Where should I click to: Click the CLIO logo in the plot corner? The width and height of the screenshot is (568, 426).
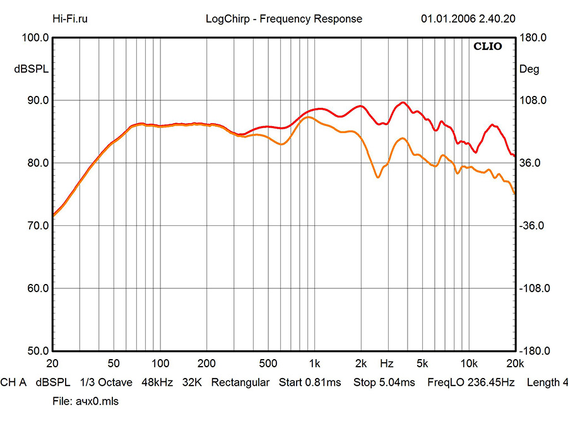click(x=488, y=47)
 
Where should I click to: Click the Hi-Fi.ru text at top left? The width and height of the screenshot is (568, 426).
click(x=70, y=19)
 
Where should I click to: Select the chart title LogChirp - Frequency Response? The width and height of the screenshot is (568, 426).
click(x=284, y=19)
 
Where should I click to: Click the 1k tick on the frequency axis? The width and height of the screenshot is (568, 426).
click(x=314, y=364)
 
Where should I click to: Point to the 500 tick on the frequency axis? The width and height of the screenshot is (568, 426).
click(x=268, y=364)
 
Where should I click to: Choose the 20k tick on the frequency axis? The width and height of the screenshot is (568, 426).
click(x=515, y=364)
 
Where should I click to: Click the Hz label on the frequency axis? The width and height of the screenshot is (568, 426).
click(x=387, y=364)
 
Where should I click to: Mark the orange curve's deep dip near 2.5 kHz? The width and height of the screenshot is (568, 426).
click(x=378, y=177)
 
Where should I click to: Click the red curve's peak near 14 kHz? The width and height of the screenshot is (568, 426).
click(x=492, y=125)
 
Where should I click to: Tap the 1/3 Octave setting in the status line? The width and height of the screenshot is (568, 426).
click(x=106, y=382)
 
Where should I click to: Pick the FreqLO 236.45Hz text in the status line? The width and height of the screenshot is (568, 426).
click(x=471, y=382)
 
